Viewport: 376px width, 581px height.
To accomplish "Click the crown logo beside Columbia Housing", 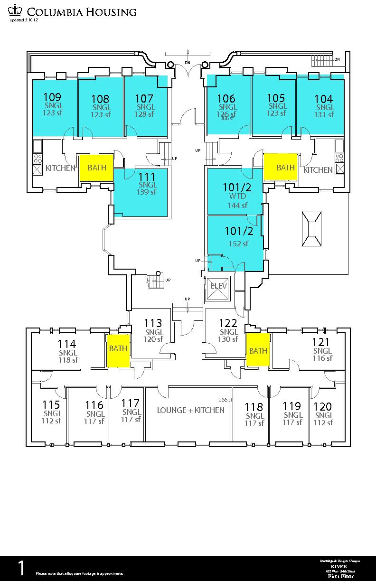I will (x=16, y=11).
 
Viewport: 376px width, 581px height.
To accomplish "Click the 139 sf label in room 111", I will (x=147, y=192).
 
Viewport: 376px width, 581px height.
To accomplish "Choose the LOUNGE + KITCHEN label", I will (x=191, y=410).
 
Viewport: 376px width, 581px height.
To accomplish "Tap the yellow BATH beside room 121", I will (x=258, y=351).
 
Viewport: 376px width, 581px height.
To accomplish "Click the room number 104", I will (x=324, y=99).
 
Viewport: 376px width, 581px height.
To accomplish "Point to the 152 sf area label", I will (x=238, y=244).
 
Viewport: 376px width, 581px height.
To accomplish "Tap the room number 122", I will (x=228, y=323).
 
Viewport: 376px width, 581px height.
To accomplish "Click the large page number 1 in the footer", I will (x=21, y=568).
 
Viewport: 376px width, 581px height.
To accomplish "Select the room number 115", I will (x=51, y=405).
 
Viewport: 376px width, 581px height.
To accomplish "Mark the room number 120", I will (x=323, y=406).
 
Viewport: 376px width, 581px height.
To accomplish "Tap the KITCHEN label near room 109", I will (x=60, y=168).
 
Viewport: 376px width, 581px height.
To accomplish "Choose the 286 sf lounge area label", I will (x=226, y=400).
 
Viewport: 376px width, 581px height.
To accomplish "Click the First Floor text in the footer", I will (x=338, y=576).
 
